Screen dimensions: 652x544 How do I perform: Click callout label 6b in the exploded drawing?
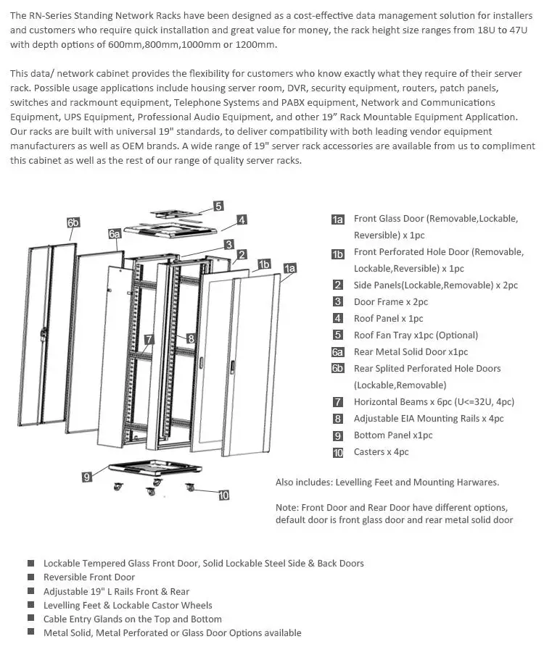73,223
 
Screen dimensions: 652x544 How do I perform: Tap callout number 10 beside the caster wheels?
223,496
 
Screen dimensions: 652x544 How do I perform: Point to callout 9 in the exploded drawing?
87,476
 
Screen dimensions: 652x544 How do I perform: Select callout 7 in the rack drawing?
149,339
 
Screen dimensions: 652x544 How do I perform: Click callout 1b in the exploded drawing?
264,264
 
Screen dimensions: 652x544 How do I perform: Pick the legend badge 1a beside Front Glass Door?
338,220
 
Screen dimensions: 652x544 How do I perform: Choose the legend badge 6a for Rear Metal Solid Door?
338,353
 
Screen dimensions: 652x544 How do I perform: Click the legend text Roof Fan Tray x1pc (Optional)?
416,335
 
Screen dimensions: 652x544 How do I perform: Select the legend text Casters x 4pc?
381,452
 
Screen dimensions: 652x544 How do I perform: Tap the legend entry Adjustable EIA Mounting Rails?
428,419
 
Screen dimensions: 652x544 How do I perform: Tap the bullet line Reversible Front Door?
89,577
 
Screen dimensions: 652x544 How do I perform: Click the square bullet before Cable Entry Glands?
30,619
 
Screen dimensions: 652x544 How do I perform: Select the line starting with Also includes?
387,482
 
